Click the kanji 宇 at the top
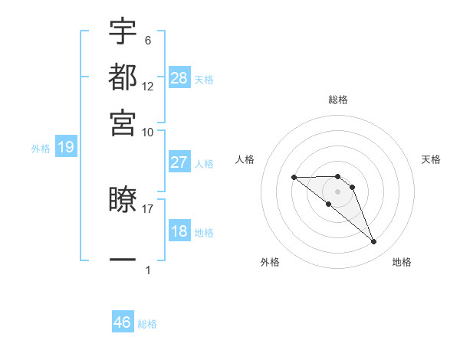click(x=123, y=32)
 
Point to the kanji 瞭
click(x=123, y=201)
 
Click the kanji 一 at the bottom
click(x=123, y=260)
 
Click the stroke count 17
click(x=148, y=207)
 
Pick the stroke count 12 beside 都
click(x=148, y=87)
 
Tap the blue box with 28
click(x=179, y=77)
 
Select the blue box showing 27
click(x=179, y=162)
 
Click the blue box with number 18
click(x=179, y=231)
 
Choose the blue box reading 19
click(x=66, y=148)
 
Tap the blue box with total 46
click(x=123, y=322)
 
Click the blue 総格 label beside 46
click(x=147, y=324)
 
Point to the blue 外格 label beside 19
click(x=40, y=149)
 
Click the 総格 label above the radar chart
click(x=338, y=100)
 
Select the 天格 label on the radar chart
click(x=432, y=159)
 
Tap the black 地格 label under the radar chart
click(x=402, y=262)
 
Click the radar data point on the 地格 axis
click(x=374, y=242)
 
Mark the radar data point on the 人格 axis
click(x=294, y=177)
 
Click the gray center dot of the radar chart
click(x=338, y=191)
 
